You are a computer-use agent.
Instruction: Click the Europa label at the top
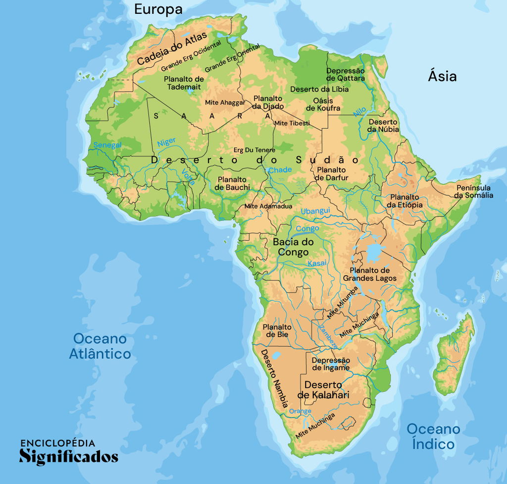coord(158,9)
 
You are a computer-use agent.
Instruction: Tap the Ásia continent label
coord(442,76)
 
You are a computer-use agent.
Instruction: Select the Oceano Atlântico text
coord(100,346)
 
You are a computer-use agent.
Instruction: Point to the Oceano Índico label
coord(433,436)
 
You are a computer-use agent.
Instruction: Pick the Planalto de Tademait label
coord(184,83)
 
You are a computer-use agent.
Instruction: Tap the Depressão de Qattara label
coord(345,74)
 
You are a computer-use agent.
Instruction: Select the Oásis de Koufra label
coord(323,105)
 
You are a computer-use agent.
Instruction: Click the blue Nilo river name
coord(360,111)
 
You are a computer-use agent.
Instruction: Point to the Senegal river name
coord(107,145)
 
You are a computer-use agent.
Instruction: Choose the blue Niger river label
coord(166,142)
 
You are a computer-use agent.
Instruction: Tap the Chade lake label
coord(280,170)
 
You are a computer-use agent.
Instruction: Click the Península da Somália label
coord(473,191)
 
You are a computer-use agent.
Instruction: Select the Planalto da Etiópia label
coord(405,201)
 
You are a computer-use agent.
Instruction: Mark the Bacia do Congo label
coord(294,247)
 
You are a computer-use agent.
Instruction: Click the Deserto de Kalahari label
coord(323,390)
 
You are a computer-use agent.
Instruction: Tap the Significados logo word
coord(69,456)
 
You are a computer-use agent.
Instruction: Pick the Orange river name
coord(300,411)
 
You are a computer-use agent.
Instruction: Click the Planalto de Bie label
coord(277,330)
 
